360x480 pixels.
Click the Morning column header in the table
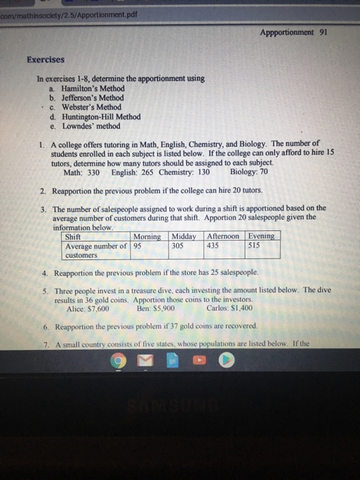click(x=146, y=237)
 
